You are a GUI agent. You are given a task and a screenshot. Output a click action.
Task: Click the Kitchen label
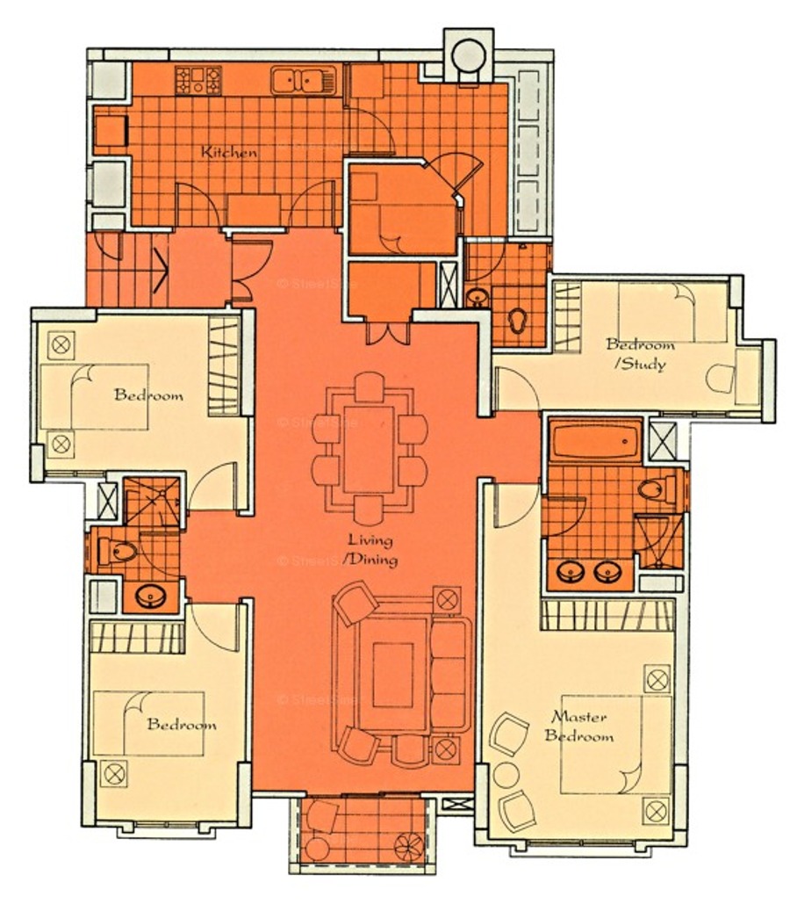pyautogui.click(x=229, y=152)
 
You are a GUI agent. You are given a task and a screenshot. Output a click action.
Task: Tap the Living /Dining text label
pyautogui.click(x=371, y=549)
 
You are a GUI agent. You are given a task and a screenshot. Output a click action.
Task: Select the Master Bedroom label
pyautogui.click(x=578, y=726)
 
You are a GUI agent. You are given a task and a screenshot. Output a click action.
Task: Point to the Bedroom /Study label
pyautogui.click(x=640, y=354)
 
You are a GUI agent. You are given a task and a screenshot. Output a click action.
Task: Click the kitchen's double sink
pyautogui.click(x=303, y=80)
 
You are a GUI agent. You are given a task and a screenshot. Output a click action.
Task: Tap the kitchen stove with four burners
pyautogui.click(x=198, y=80)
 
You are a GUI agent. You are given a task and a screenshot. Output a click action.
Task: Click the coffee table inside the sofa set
pyautogui.click(x=392, y=675)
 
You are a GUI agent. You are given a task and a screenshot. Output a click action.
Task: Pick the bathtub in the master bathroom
pyautogui.click(x=595, y=441)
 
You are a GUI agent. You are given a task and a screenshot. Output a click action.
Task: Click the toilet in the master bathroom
pyautogui.click(x=657, y=489)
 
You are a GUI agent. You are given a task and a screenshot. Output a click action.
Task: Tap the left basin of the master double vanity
pyautogui.click(x=571, y=571)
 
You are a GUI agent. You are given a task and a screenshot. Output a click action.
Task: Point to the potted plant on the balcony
pyautogui.click(x=408, y=847)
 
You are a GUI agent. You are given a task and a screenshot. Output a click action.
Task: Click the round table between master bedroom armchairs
pyautogui.click(x=506, y=776)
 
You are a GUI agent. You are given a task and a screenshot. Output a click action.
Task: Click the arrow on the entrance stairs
pyautogui.click(x=160, y=270)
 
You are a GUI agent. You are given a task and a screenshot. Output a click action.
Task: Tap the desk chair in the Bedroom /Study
pyautogui.click(x=721, y=378)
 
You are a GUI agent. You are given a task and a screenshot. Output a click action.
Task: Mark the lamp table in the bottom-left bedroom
pyautogui.click(x=114, y=773)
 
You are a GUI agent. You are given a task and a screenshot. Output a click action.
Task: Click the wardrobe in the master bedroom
pyautogui.click(x=607, y=615)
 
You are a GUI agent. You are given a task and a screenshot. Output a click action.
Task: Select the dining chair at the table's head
pyautogui.click(x=370, y=387)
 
